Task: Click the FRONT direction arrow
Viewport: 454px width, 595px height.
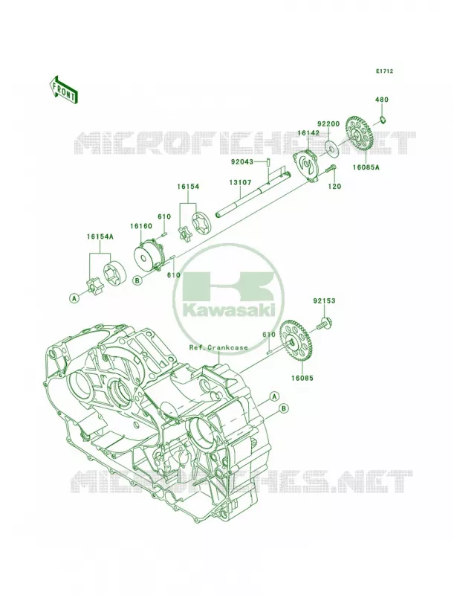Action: click(x=64, y=89)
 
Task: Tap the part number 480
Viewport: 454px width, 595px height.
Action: click(x=382, y=100)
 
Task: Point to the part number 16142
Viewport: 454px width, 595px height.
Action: click(x=308, y=133)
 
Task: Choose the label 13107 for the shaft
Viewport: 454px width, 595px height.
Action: click(x=240, y=182)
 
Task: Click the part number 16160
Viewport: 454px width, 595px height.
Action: click(x=141, y=226)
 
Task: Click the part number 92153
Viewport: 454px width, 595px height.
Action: click(x=324, y=301)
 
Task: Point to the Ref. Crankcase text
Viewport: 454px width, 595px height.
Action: click(x=218, y=347)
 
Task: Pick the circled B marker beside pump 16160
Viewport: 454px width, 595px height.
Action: click(x=137, y=280)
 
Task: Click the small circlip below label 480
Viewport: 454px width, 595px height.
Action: click(x=383, y=120)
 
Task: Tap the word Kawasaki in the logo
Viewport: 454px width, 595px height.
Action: click(x=229, y=311)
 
